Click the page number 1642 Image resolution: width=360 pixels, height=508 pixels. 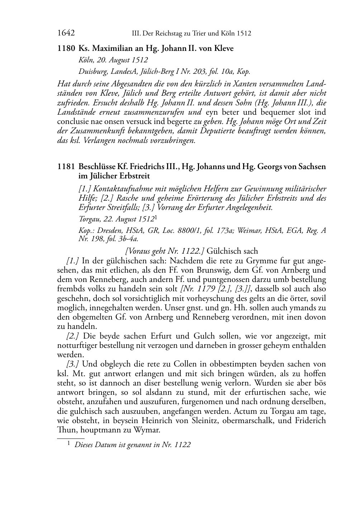click(x=66, y=33)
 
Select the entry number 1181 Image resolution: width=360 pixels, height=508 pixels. click(x=66, y=167)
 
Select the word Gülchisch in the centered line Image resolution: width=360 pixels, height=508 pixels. click(x=222, y=251)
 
